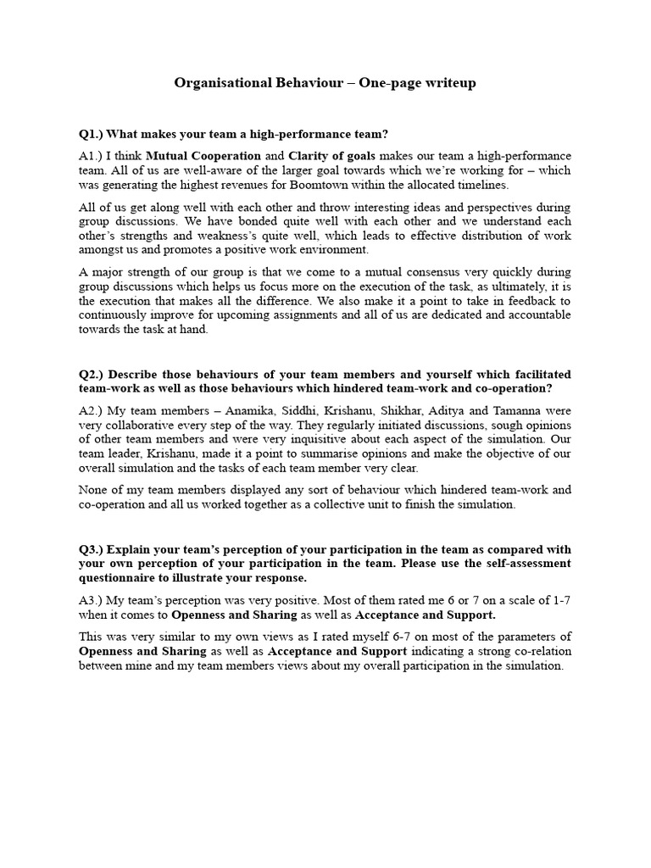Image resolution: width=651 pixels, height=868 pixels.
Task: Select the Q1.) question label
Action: pos(93,134)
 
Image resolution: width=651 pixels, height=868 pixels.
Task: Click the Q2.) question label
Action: pos(93,374)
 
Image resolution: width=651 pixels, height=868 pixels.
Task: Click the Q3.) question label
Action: pos(93,548)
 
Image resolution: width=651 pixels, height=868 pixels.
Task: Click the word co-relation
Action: pos(538,651)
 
